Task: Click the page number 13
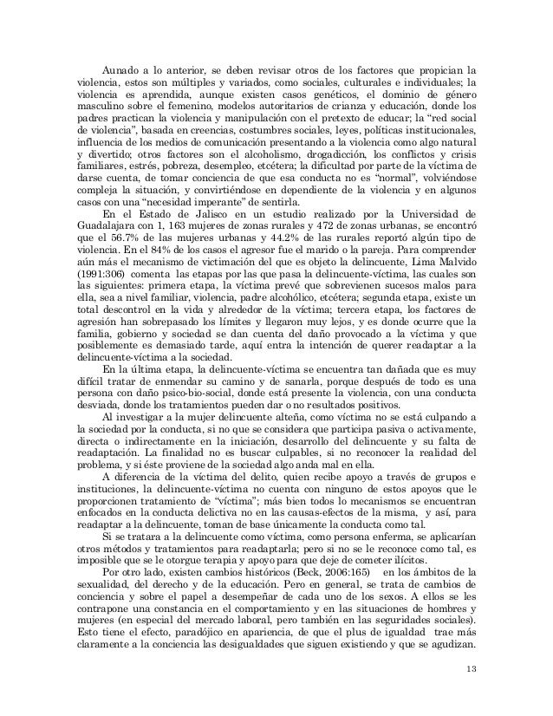point(471,670)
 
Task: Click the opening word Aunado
point(121,69)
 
